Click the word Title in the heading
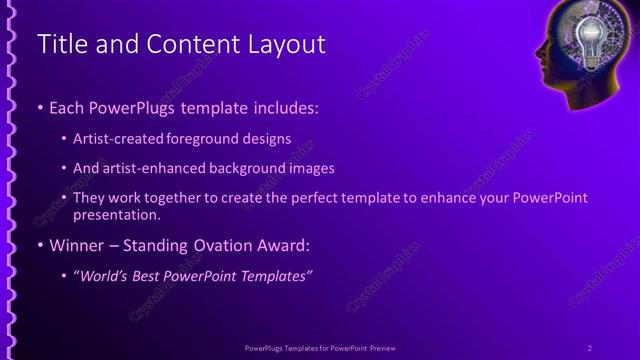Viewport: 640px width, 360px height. click(x=58, y=44)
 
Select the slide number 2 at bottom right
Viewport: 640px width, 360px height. click(x=590, y=347)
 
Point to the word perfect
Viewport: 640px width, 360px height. click(x=300, y=198)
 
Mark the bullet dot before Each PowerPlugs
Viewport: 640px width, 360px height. click(x=40, y=106)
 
